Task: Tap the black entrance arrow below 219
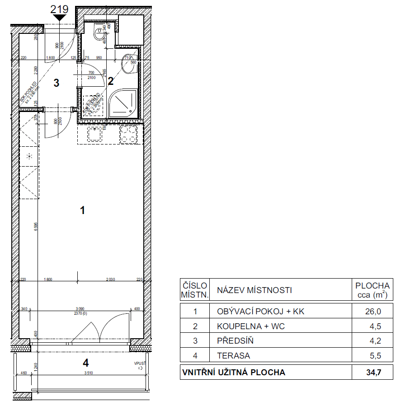[x=59, y=18]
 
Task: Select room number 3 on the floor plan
[x=56, y=83]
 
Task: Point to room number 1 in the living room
[x=82, y=210]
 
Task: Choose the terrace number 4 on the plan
[x=85, y=362]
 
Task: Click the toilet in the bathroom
[x=99, y=34]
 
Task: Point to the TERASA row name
[x=234, y=356]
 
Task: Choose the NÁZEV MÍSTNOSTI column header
[x=255, y=290]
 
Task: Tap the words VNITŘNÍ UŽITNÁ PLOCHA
[x=233, y=373]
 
